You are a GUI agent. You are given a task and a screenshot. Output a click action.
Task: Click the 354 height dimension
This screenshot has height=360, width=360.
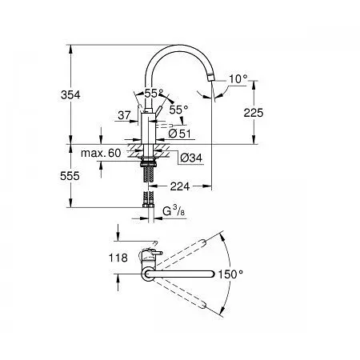coord(70,94)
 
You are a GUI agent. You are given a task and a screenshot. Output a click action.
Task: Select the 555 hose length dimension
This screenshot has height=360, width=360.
coord(70,176)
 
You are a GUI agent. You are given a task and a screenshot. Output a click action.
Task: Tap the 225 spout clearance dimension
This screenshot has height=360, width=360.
coord(254,113)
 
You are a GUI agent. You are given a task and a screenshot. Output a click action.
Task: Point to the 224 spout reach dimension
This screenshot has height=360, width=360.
coord(180,186)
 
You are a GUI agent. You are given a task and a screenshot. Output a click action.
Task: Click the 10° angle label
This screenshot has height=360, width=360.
coord(238,79)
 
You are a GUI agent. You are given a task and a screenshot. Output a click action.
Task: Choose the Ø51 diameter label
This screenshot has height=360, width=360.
coord(180,134)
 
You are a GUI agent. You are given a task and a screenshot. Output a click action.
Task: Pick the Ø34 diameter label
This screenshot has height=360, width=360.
coord(191,158)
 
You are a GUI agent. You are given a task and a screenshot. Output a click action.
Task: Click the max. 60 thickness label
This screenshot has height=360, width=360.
coord(101,153)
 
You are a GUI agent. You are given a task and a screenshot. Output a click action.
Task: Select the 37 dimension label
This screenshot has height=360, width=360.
coord(124,115)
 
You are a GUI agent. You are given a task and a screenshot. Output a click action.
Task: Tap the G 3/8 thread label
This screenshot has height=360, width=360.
coord(174,210)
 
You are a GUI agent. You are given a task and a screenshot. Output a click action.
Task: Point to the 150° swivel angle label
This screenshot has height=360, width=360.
coord(230,274)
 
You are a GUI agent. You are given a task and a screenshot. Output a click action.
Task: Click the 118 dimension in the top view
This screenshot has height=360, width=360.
coord(118,258)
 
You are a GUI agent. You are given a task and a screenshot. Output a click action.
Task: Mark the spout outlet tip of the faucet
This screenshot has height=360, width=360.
coord(210,78)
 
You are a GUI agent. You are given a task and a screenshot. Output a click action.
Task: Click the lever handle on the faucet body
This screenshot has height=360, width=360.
coord(158,110)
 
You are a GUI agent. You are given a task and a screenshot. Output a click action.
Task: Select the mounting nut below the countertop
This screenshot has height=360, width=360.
coord(148,162)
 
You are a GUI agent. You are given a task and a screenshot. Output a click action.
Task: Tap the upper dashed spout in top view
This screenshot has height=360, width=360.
coord(182,253)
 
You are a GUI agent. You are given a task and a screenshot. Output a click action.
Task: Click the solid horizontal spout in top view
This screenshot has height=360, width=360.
coord(179,274)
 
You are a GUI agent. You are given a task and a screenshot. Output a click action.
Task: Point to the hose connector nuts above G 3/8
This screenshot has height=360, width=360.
coord(148,206)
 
